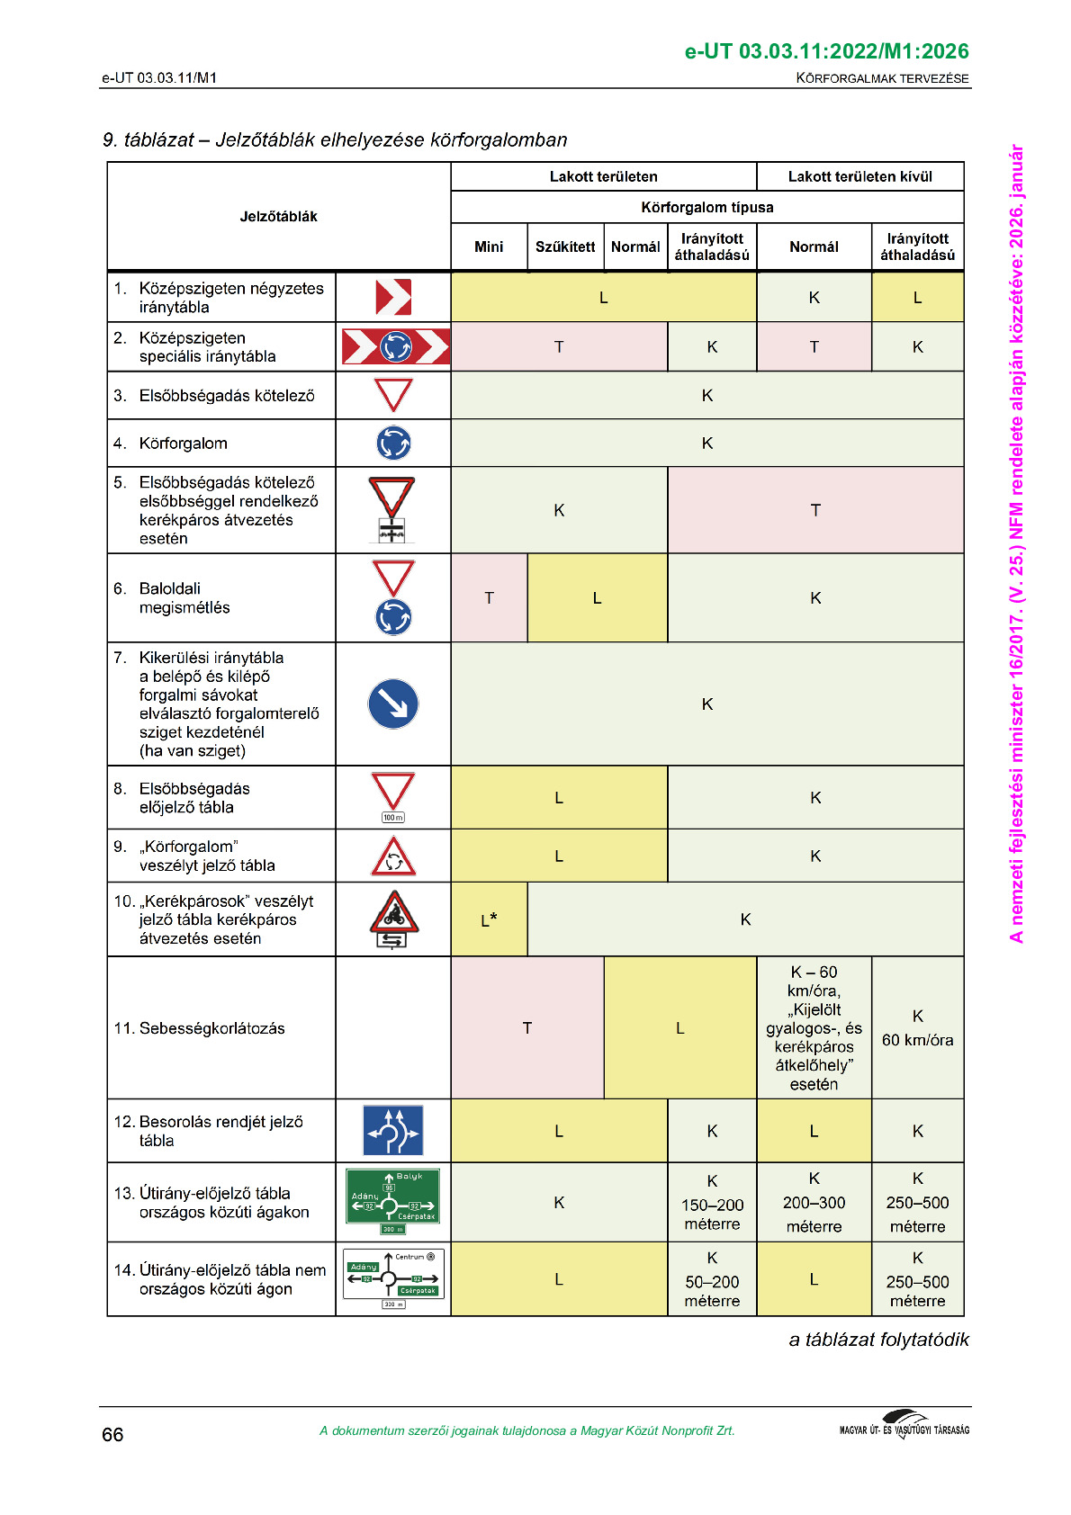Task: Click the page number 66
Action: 112,1434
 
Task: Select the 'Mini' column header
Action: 489,247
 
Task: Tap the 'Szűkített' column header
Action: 565,247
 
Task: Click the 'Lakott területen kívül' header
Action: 859,176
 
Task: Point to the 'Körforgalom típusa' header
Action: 706,207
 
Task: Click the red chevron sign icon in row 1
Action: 393,297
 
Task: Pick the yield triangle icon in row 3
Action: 393,395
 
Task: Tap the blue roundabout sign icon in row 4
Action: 393,443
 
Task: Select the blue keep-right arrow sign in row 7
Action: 393,704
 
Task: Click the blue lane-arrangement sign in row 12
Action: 393,1130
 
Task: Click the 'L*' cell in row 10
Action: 489,919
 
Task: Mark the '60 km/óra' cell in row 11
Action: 917,1028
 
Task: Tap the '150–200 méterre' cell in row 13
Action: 712,1202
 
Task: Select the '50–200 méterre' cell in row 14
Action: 712,1279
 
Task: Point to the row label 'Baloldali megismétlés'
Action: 184,598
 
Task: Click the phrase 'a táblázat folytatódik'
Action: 878,1340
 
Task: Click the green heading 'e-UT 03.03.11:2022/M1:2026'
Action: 826,51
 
